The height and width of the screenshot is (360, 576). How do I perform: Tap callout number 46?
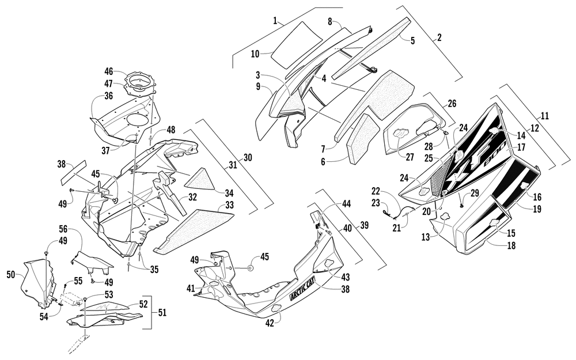click(109, 71)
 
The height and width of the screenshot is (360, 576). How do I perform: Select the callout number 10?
click(255, 54)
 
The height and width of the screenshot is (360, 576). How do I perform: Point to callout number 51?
click(162, 313)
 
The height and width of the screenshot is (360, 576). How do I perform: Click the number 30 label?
click(248, 158)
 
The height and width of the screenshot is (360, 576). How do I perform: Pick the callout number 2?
click(439, 37)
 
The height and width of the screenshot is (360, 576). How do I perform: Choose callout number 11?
click(545, 116)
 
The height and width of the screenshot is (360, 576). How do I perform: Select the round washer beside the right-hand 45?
click(250, 268)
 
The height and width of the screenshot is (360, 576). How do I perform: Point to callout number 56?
click(63, 229)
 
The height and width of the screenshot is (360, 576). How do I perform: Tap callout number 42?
click(270, 324)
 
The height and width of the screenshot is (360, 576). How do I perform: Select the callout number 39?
click(364, 225)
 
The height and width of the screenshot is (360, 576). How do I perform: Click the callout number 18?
click(511, 245)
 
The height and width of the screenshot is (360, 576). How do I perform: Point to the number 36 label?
click(109, 96)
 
